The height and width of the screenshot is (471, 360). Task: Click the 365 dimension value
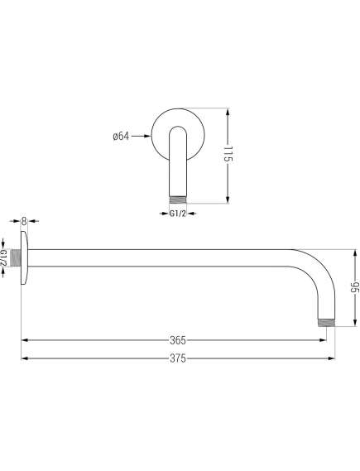177,339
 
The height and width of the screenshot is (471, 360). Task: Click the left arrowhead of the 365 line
25,339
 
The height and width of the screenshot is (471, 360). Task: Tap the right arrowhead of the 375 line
332,358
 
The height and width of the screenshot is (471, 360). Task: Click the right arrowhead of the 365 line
317,339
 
